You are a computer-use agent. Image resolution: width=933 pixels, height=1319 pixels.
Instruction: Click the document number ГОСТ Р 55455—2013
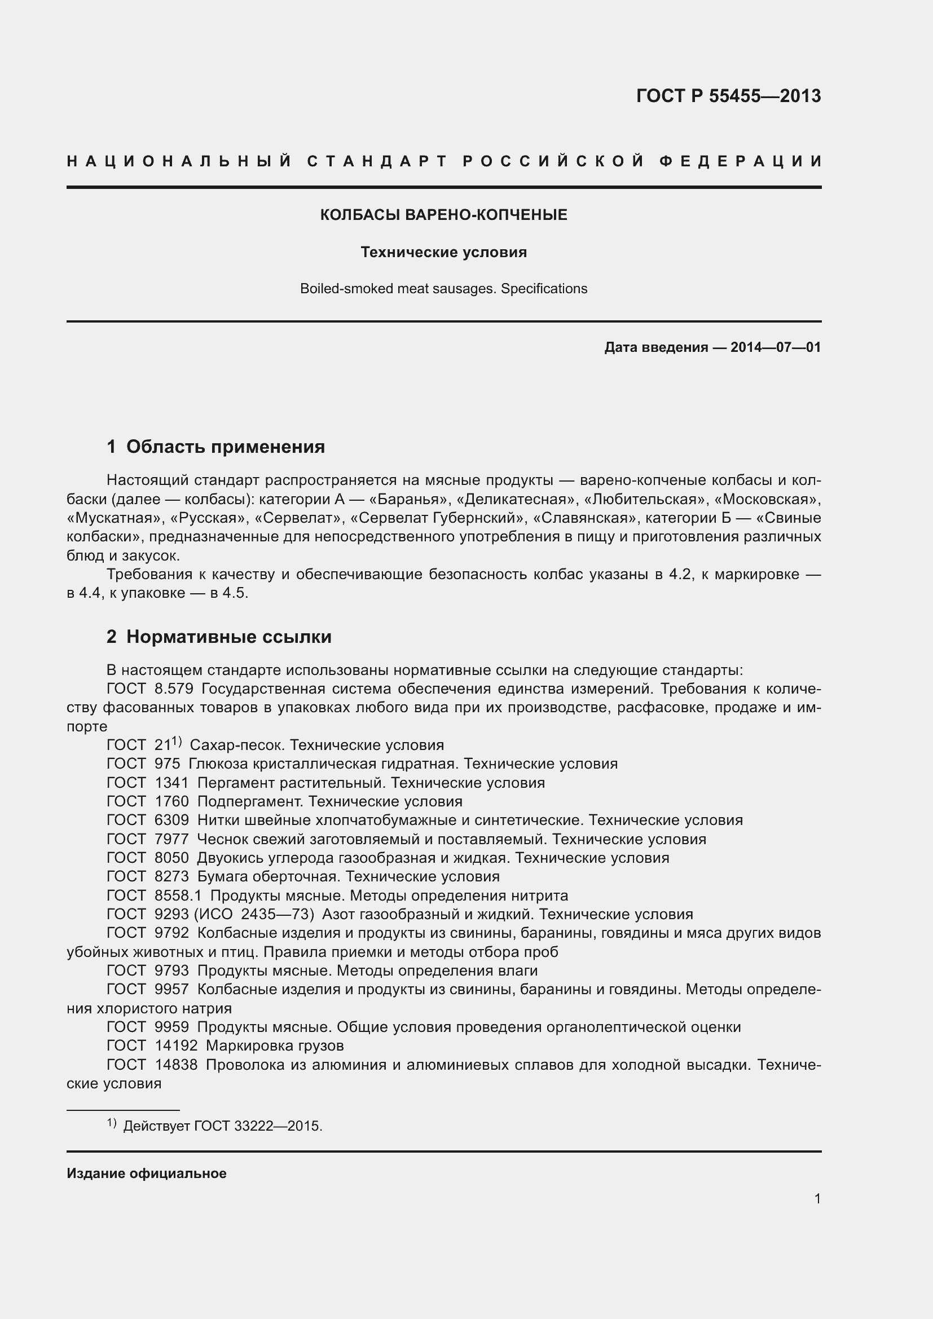[728, 96]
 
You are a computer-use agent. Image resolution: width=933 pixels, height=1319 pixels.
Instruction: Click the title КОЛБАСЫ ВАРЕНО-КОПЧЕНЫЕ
[443, 215]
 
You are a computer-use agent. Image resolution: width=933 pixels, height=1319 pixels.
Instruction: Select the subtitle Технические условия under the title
[443, 252]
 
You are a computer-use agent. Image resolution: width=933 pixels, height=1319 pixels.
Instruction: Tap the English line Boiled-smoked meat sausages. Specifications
[443, 289]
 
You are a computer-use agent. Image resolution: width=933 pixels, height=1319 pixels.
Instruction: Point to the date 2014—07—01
[775, 347]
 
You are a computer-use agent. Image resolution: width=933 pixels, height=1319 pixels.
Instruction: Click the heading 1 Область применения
[215, 447]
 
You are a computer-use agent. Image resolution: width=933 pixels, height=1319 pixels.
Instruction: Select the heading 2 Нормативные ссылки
[219, 637]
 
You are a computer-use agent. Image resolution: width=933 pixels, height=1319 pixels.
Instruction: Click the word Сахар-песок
[237, 745]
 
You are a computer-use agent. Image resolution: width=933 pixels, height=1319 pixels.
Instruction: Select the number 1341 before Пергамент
[172, 783]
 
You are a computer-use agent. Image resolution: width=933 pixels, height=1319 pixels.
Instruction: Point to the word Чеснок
[221, 839]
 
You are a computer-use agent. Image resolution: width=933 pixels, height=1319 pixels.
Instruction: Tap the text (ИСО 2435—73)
[254, 915]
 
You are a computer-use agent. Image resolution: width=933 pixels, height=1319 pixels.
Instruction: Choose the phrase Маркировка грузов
[275, 1046]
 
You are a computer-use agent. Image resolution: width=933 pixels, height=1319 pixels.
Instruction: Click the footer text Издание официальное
[147, 1174]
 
